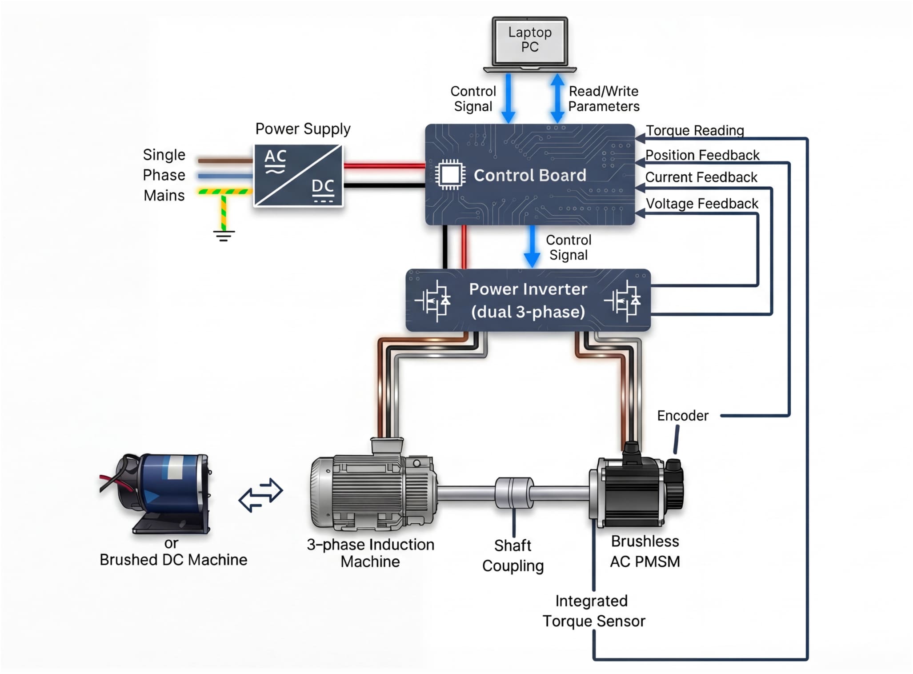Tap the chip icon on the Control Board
point(450,175)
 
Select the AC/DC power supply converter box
point(298,175)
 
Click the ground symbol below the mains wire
point(224,235)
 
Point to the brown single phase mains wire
point(225,160)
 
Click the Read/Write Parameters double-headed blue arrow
point(557,98)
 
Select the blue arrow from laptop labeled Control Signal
point(508,98)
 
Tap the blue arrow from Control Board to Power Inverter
point(532,246)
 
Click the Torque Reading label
point(695,130)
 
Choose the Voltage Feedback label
point(701,204)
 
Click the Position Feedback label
point(702,155)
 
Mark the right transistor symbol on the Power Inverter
point(624,301)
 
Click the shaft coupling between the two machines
point(514,493)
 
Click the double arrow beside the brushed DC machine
point(260,495)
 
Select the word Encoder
point(682,416)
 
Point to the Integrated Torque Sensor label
point(593,611)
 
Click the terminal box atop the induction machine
point(387,445)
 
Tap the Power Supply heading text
point(303,129)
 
